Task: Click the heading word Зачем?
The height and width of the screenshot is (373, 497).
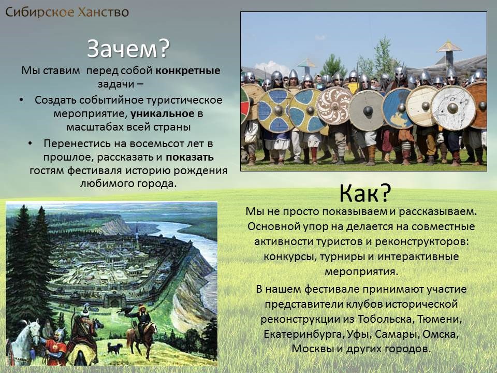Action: pyautogui.click(x=128, y=49)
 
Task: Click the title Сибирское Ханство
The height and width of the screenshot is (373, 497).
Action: pyautogui.click(x=67, y=12)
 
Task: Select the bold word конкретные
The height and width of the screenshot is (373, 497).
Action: pyautogui.click(x=187, y=70)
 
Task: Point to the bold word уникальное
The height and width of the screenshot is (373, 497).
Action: pyautogui.click(x=162, y=113)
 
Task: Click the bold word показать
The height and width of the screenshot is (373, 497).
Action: pyautogui.click(x=189, y=157)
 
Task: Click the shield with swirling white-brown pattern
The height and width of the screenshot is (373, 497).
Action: pyautogui.click(x=334, y=106)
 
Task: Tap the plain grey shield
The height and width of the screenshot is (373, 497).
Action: pyautogui.click(x=367, y=110)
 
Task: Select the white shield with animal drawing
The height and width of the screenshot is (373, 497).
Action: pyautogui.click(x=454, y=108)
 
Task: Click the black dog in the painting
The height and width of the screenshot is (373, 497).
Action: pyautogui.click(x=115, y=348)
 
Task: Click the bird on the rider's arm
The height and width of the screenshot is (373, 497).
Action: pyautogui.click(x=125, y=311)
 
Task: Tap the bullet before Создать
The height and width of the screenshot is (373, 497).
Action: pyautogui.click(x=21, y=100)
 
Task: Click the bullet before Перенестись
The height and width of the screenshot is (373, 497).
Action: pyautogui.click(x=31, y=144)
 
